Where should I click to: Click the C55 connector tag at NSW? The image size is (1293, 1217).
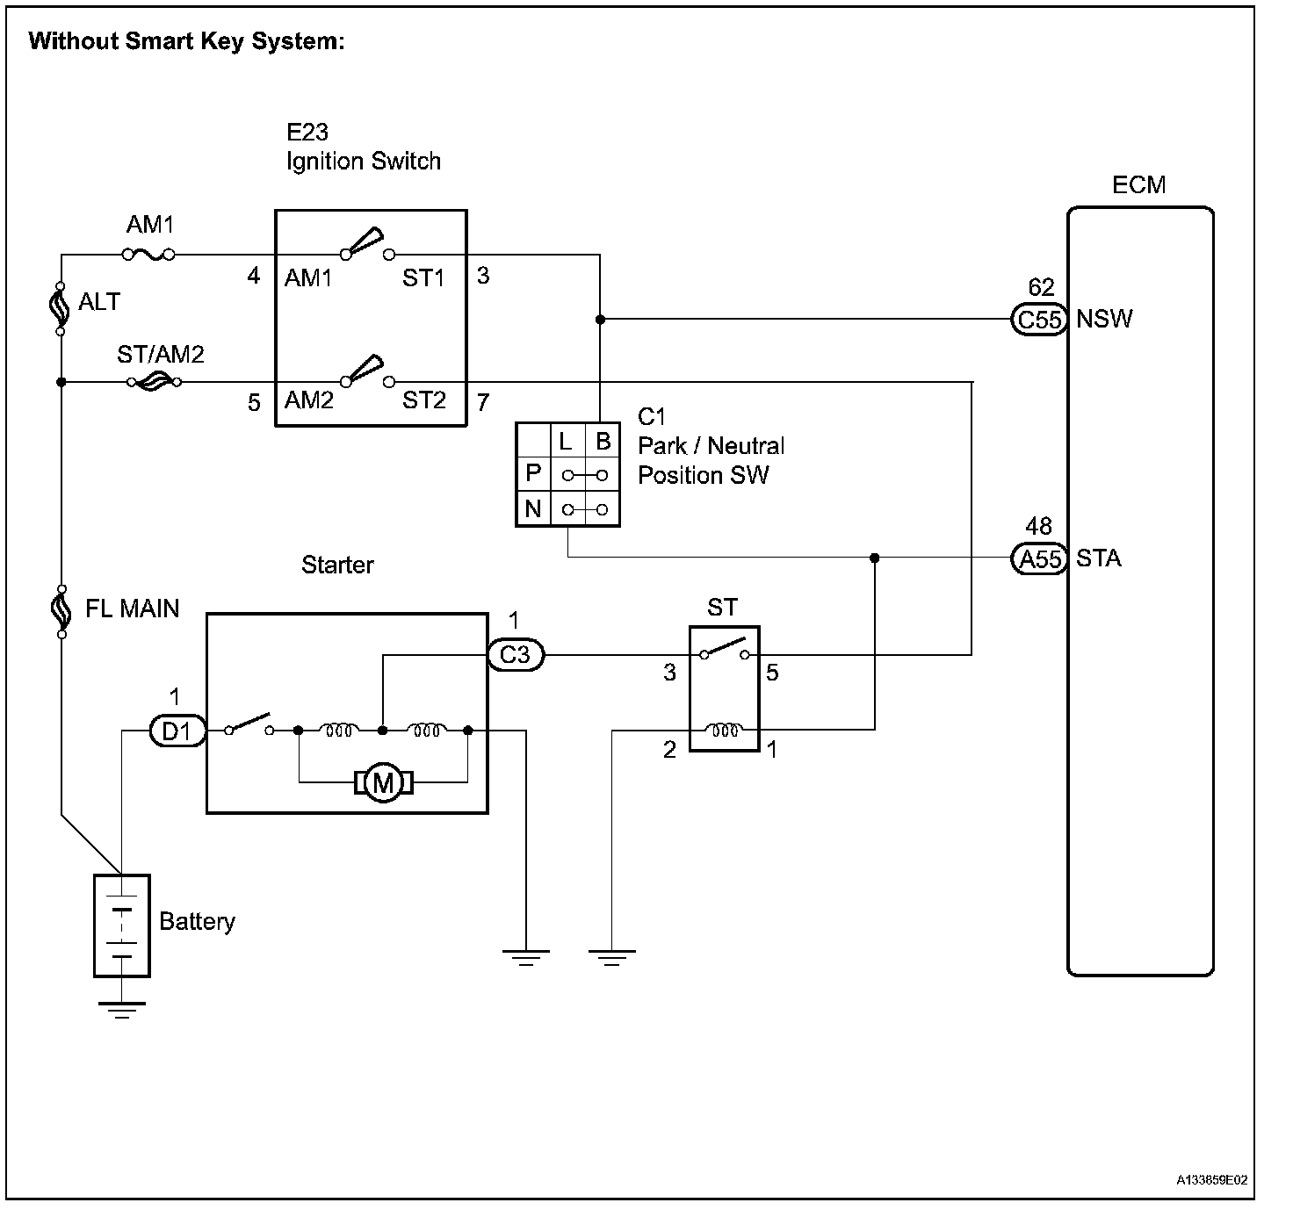(1039, 320)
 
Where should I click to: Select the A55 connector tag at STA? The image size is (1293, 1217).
(1039, 558)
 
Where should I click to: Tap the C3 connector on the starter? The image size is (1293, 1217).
(516, 655)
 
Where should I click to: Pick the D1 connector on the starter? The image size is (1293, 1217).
(177, 731)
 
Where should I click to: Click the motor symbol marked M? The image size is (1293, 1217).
(383, 782)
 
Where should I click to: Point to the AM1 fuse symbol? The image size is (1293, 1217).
(148, 256)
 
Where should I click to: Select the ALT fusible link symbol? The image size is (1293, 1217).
(61, 308)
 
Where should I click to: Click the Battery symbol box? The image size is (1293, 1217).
(122, 925)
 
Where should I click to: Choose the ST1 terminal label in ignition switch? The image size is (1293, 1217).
(424, 278)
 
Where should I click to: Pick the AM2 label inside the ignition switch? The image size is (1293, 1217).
(308, 400)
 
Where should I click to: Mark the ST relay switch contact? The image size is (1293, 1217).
(725, 651)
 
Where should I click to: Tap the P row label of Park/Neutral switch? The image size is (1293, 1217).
(533, 474)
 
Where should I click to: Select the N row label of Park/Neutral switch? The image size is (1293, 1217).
(533, 509)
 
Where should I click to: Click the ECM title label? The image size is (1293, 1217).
(1138, 185)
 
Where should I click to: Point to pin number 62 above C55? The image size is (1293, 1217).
(1040, 287)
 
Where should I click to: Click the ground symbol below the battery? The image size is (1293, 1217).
(121, 1009)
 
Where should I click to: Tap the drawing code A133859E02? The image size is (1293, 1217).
(1212, 1180)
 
